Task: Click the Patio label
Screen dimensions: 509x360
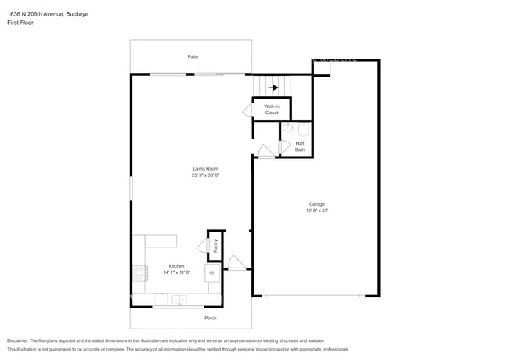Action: coord(193,57)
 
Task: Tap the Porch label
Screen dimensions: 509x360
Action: coord(211,318)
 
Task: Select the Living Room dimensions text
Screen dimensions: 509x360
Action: coord(205,175)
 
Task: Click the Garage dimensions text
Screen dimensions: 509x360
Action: coord(317,211)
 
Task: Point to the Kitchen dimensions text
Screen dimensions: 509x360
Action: coord(177,272)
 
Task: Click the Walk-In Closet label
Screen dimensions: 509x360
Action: coord(272,110)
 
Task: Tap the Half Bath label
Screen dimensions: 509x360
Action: coord(300,146)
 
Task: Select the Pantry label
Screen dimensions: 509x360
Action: coord(215,247)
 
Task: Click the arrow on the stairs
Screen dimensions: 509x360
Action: coord(273,88)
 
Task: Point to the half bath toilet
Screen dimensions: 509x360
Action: coord(304,129)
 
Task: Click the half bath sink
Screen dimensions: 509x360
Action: coord(287,128)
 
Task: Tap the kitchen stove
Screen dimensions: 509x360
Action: coord(140,273)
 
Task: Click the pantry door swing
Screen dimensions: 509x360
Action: coord(202,246)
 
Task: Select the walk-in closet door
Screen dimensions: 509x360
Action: coord(248,110)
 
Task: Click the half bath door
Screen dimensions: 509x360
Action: coord(285,147)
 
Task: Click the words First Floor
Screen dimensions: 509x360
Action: coord(20,23)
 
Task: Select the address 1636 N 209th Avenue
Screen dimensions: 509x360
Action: coord(36,14)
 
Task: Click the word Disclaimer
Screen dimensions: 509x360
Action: coord(18,341)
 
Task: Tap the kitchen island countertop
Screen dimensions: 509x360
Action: coord(161,240)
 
